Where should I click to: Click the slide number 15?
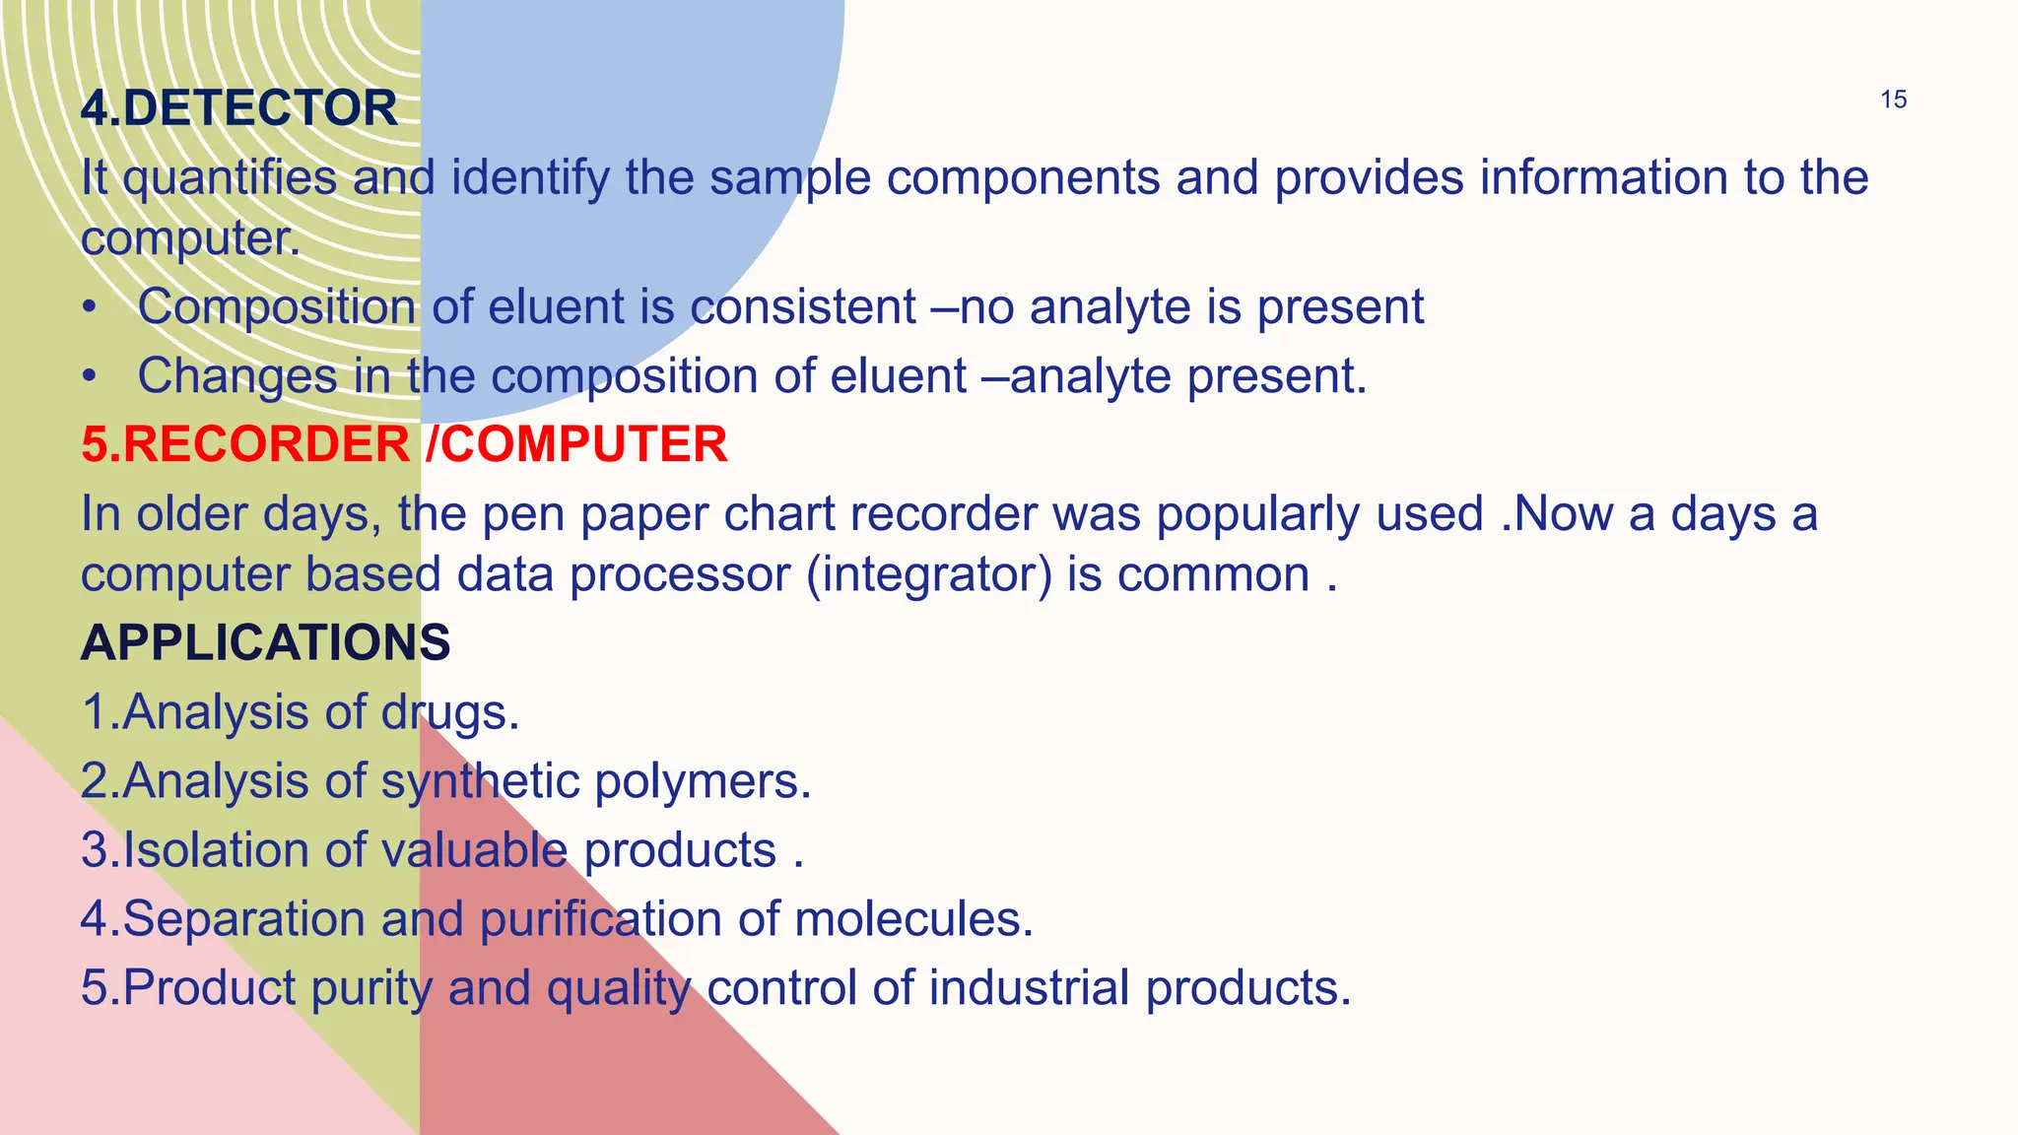coord(1893,100)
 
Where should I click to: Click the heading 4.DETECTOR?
coord(239,107)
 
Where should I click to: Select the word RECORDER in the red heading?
coord(266,444)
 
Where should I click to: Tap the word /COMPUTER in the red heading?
coord(576,444)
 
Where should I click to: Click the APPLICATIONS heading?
coord(266,642)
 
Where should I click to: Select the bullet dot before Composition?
coord(90,307)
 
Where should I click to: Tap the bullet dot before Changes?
coord(90,376)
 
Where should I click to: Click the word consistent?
coord(803,306)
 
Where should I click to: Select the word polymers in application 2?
coord(703,781)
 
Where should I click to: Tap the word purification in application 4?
coord(601,919)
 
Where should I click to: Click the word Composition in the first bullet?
coord(277,307)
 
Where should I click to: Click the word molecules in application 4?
coord(913,919)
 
